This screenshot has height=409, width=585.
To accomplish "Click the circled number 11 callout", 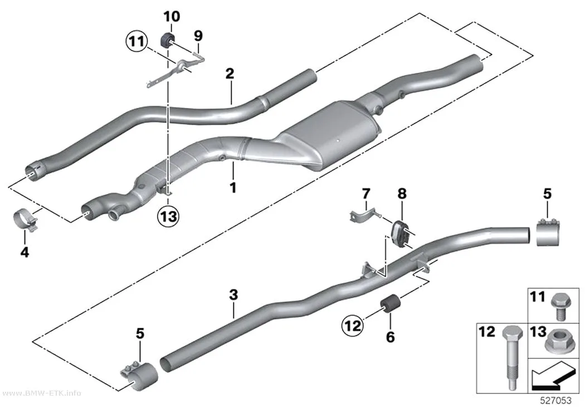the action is coord(136,41).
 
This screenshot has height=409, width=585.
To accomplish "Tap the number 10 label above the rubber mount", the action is coord(172,16).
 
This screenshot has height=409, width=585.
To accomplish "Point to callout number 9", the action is coord(198,36).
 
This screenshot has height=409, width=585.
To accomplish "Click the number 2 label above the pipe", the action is coord(230,73).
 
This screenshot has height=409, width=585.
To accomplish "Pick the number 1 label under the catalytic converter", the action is coord(233,188).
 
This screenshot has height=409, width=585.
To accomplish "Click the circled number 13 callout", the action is coord(168,216).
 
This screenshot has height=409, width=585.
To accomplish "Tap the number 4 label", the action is coord(25,253).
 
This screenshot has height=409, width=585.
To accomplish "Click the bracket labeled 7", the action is coord(364,218).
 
